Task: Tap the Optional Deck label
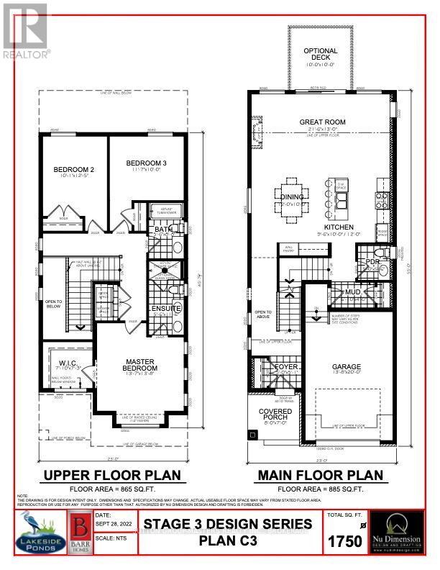point(320,52)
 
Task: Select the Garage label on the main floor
point(346,366)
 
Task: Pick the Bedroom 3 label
point(146,163)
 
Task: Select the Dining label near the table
point(292,197)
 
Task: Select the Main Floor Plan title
point(320,475)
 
